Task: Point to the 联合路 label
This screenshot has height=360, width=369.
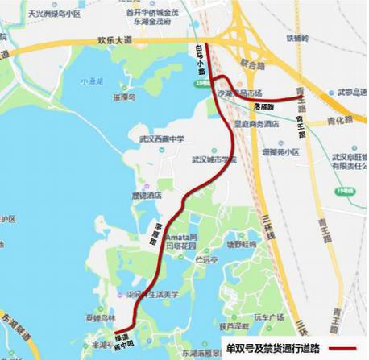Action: [251, 63]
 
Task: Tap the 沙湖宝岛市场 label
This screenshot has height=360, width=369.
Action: [240, 94]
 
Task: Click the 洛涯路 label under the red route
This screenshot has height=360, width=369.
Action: [263, 106]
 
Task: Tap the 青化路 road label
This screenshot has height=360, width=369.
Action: [341, 121]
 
